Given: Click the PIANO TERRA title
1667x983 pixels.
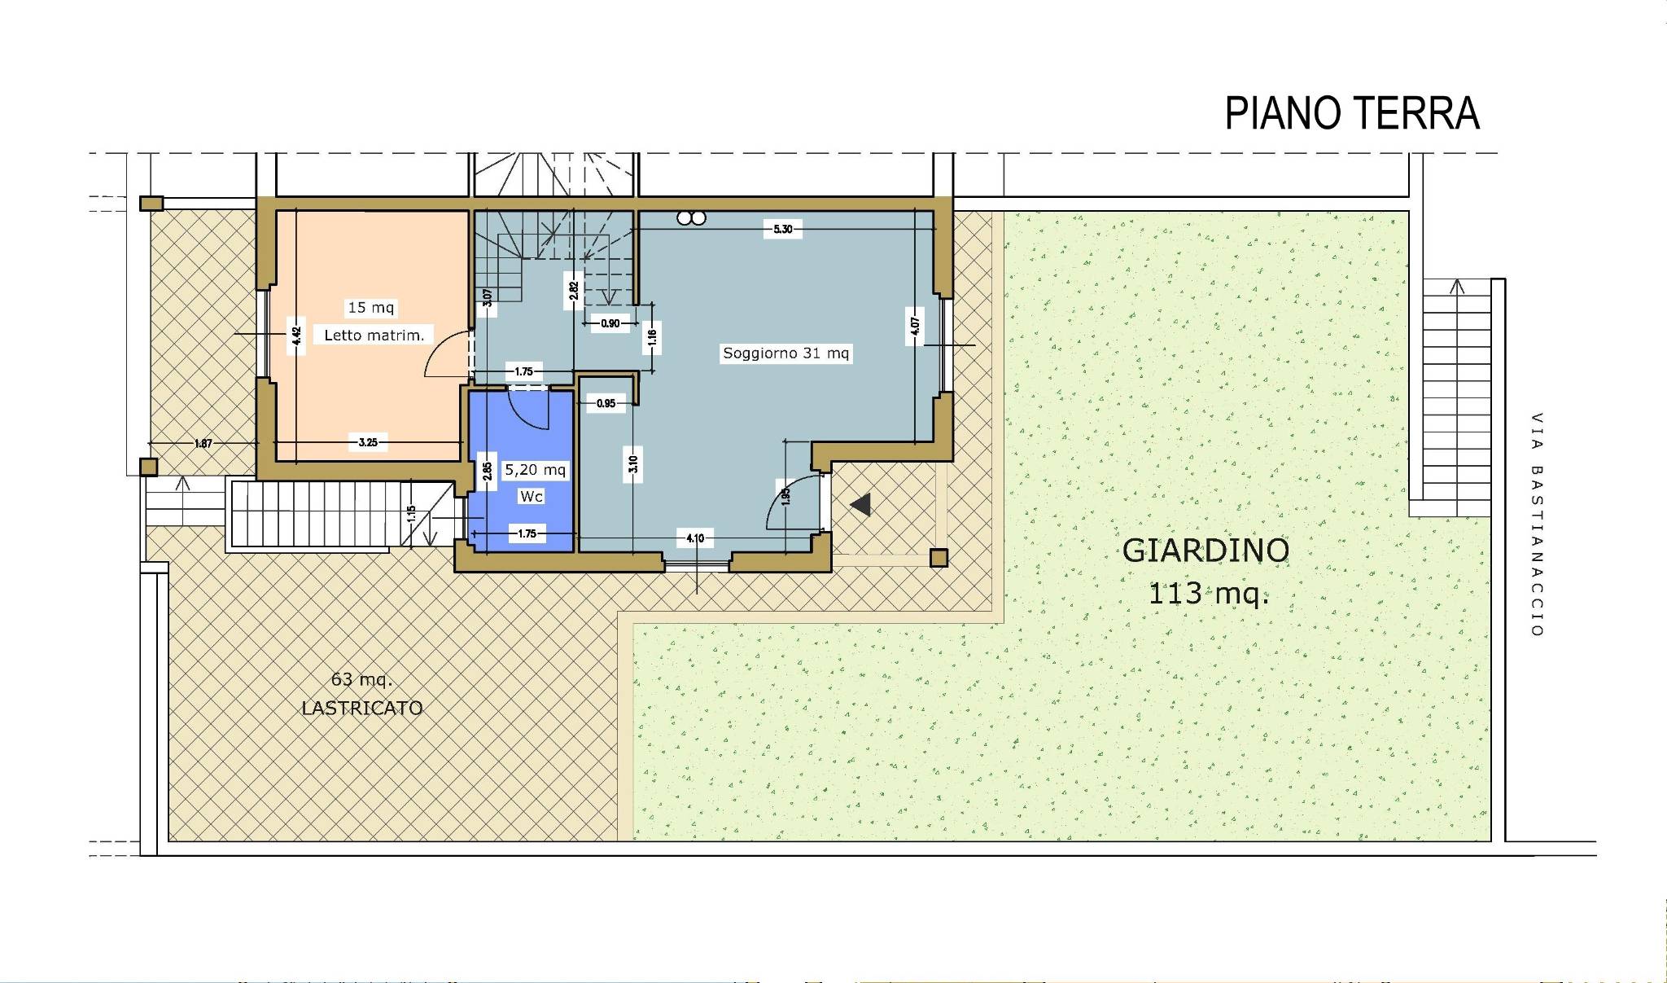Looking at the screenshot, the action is [x=1352, y=113].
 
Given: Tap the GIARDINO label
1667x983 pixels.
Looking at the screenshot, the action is [x=1205, y=551].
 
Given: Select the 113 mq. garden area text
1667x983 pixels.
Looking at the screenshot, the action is [x=1208, y=594].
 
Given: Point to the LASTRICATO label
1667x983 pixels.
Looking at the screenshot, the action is [x=362, y=708].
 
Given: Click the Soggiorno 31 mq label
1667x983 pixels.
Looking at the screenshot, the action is [x=786, y=353].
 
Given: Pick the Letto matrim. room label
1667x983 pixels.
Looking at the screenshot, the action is [x=374, y=335].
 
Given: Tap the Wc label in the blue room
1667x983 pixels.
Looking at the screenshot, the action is [x=531, y=496].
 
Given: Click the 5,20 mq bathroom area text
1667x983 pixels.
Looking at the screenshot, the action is [x=536, y=470].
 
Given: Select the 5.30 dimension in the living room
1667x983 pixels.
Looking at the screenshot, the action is [x=782, y=230].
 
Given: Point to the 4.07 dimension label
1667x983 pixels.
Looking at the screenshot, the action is [x=916, y=327].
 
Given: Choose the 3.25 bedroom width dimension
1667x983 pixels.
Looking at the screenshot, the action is [x=368, y=443].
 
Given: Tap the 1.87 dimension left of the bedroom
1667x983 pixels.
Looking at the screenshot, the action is [x=203, y=444].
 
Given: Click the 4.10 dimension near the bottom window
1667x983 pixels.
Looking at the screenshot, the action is [x=695, y=538].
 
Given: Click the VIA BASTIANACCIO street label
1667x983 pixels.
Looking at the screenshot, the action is [x=1537, y=524].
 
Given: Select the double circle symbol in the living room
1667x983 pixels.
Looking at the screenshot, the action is [x=691, y=217].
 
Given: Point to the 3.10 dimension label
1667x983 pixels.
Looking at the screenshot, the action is [x=633, y=464].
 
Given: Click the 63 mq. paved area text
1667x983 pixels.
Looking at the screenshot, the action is [x=362, y=680].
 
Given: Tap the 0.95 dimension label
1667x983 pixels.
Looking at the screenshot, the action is [x=606, y=403].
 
